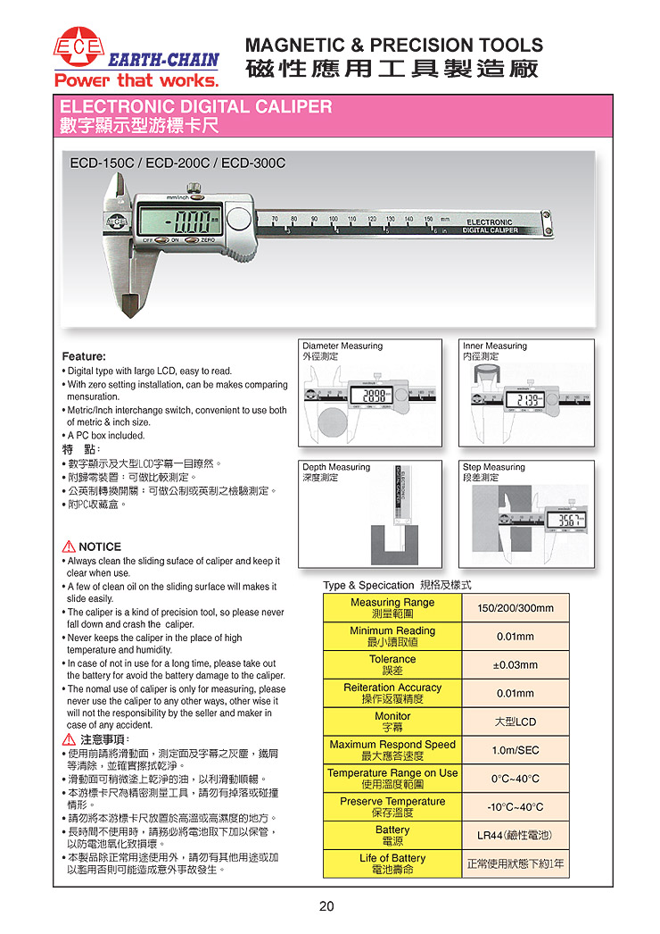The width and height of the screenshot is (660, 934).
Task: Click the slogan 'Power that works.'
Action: pos(136,80)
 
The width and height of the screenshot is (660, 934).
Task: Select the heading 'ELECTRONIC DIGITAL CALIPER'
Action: pos(195,107)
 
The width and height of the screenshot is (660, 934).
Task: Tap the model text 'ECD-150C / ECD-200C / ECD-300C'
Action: pos(177,163)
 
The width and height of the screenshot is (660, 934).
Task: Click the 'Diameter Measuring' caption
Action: pos(342,346)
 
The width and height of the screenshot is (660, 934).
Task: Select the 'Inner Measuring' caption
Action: pos(495,346)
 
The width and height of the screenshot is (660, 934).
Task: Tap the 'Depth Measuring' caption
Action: pos(336,467)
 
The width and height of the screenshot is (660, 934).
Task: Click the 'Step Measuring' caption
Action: pos(494,467)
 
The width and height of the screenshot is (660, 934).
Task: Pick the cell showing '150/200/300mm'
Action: pos(516,608)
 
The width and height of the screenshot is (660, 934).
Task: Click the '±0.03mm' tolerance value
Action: pos(516,665)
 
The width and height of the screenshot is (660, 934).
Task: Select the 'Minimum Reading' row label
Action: pos(392,636)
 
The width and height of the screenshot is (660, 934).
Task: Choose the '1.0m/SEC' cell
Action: pos(516,750)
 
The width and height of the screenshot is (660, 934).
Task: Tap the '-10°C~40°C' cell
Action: pos(516,807)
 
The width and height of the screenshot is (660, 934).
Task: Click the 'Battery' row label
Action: pos(392,835)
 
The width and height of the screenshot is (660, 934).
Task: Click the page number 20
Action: pos(326,906)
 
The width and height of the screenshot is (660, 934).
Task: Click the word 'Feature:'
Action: pos(84,356)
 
